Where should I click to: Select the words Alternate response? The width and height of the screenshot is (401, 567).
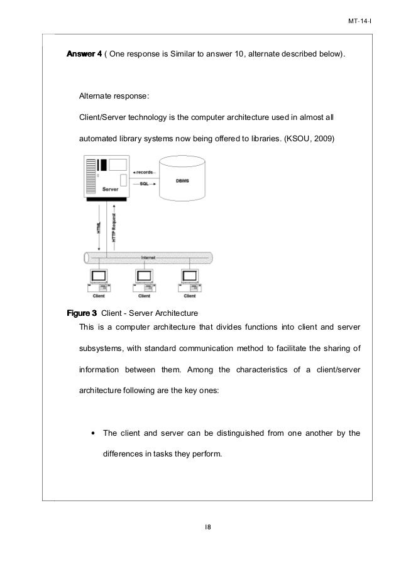pyautogui.click(x=114, y=97)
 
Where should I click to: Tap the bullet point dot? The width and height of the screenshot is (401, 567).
pyautogui.click(x=93, y=433)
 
